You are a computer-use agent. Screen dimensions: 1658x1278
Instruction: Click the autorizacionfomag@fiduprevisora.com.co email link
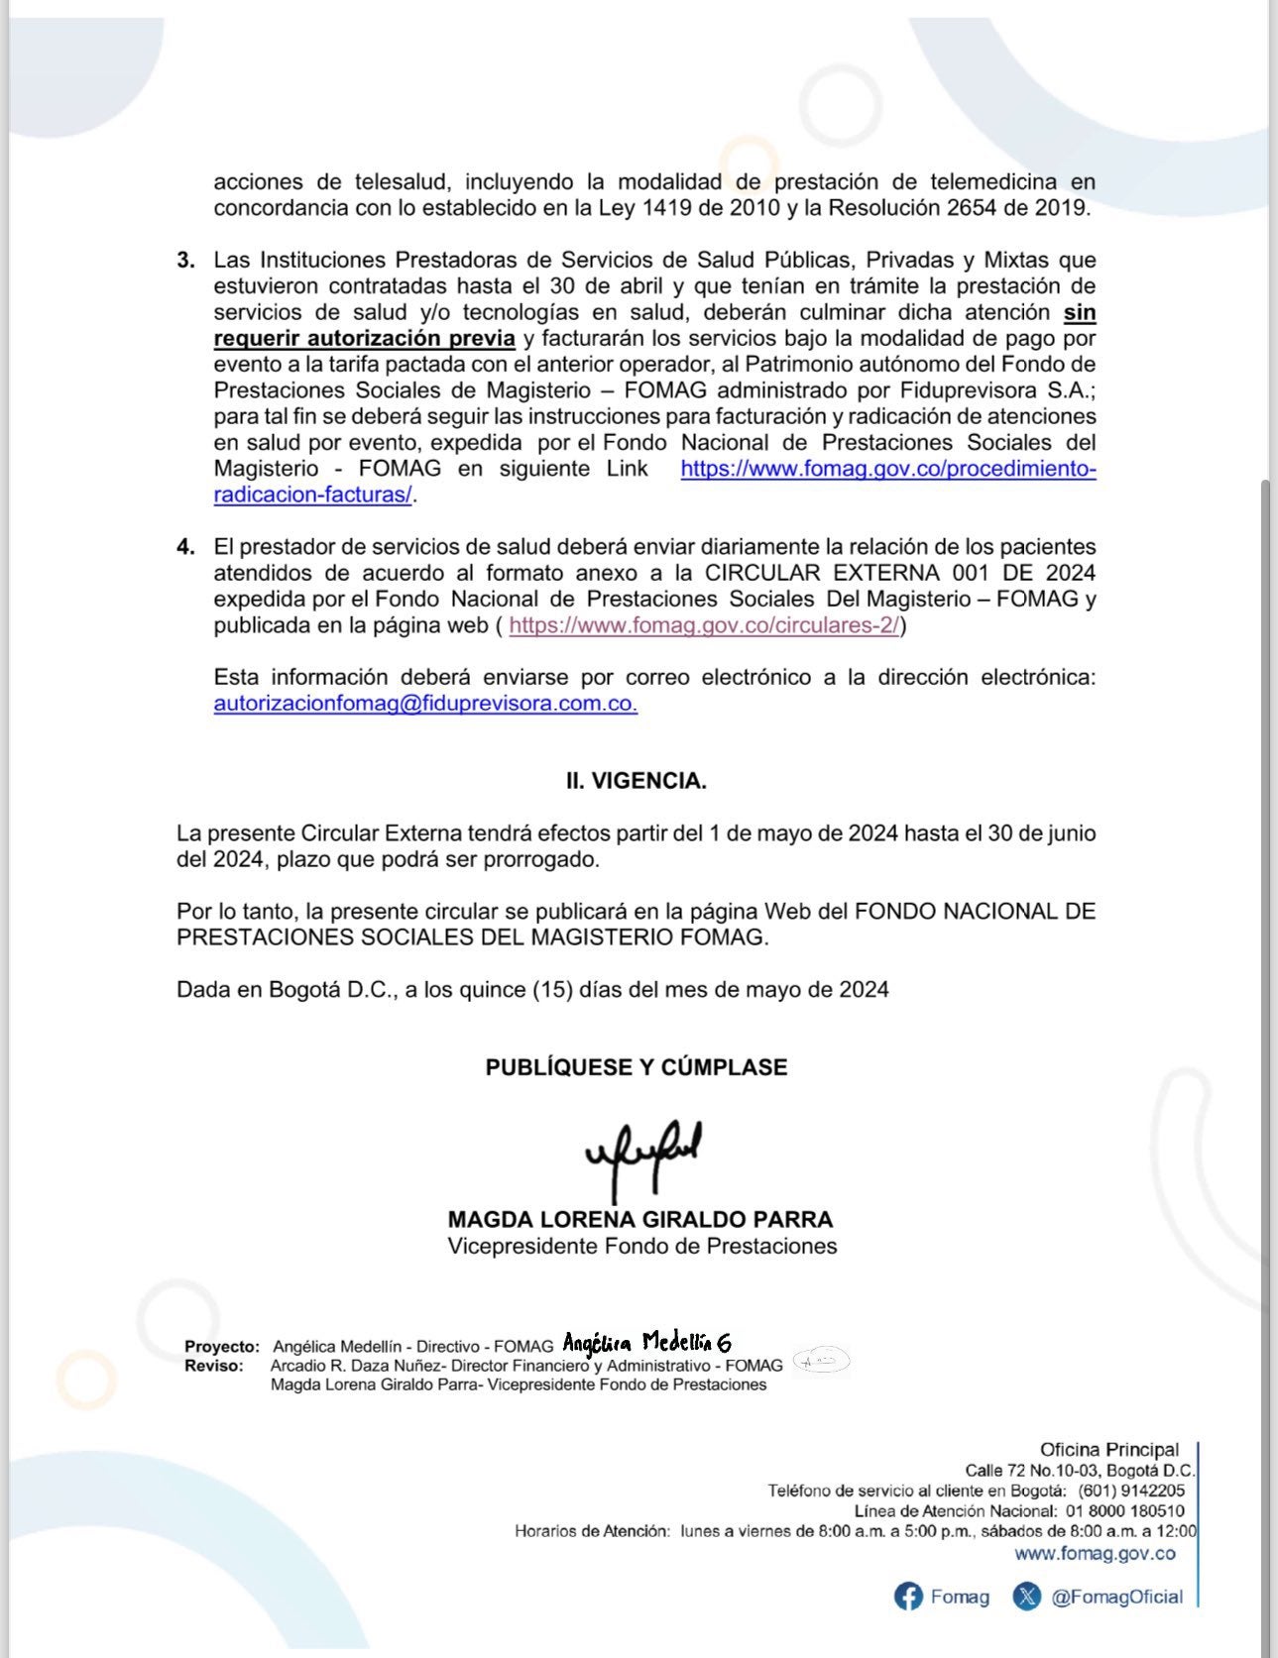[425, 704]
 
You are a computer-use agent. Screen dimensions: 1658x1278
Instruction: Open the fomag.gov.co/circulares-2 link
[703, 625]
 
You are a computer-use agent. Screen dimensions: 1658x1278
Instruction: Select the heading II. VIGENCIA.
[637, 781]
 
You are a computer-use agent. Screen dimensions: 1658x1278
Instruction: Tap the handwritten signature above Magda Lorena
[644, 1155]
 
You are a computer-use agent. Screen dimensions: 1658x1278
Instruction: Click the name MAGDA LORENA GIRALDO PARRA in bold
[640, 1220]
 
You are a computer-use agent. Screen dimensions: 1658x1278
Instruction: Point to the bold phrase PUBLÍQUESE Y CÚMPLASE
[637, 1067]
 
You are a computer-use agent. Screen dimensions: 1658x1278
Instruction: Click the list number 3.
[185, 261]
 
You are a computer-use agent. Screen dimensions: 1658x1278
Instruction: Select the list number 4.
[185, 547]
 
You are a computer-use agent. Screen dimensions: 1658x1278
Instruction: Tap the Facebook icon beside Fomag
[908, 1597]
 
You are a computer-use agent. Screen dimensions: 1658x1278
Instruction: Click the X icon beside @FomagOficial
[1027, 1597]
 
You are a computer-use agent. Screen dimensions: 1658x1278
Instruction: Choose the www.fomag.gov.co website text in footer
[1095, 1554]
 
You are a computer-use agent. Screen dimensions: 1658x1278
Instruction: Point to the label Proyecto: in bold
[222, 1347]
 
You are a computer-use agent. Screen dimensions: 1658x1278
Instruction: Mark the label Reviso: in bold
[213, 1366]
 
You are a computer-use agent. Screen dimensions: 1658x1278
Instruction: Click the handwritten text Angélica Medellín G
[646, 1344]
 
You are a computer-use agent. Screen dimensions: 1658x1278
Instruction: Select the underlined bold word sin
[1080, 313]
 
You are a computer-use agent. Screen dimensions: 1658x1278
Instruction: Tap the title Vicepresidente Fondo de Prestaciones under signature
[641, 1247]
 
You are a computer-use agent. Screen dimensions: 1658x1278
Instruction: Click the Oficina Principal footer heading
[1109, 1450]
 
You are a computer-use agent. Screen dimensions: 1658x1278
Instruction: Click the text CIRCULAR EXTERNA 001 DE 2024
[899, 573]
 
